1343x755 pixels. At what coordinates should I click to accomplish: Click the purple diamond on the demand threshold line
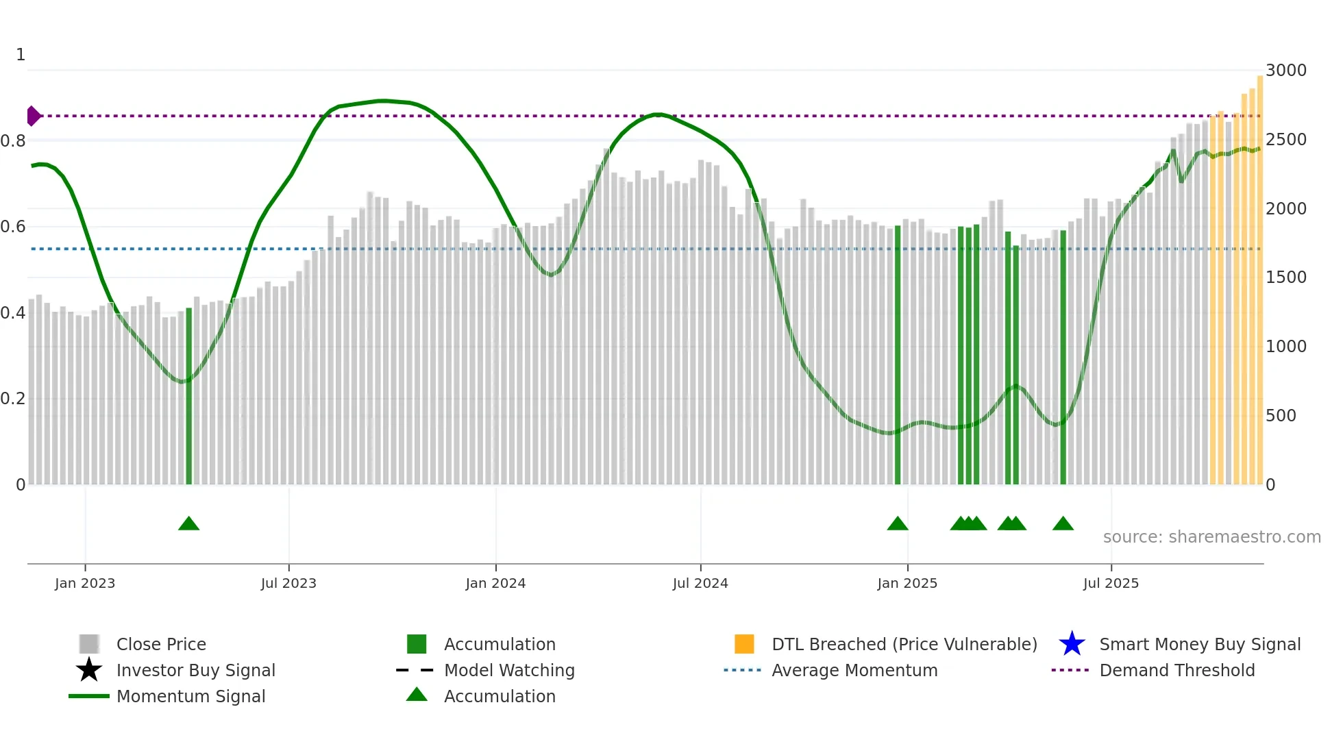pos(33,116)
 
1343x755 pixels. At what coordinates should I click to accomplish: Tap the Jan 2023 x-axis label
pos(85,583)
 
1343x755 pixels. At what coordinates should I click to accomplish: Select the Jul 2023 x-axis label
pos(288,583)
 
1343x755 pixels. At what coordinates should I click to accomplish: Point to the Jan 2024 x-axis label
pos(495,583)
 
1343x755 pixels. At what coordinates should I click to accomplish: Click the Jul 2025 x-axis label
pos(1111,583)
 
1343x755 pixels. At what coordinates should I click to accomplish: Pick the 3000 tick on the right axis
pos(1285,71)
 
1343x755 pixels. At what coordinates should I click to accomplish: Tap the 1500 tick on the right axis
pos(1285,277)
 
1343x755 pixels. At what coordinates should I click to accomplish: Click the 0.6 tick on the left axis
pos(13,227)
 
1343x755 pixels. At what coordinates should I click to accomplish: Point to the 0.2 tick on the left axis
pos(13,399)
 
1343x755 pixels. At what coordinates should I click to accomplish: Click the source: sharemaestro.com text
pos(1211,537)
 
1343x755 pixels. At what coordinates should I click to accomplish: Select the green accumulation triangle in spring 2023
pos(188,524)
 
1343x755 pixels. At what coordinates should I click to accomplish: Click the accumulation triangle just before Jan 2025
pos(898,524)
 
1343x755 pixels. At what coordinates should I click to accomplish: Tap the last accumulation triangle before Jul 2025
pos(1063,524)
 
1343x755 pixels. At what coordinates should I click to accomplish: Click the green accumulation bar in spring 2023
pos(189,397)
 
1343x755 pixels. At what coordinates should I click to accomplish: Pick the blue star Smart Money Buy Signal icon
pos(1072,644)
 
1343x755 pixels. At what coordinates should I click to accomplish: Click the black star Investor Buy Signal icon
pos(89,670)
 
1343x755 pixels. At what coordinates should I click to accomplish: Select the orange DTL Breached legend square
pos(744,644)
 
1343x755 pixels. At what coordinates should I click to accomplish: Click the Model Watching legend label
pos(509,670)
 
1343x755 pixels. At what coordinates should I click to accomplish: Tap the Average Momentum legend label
pos(854,670)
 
